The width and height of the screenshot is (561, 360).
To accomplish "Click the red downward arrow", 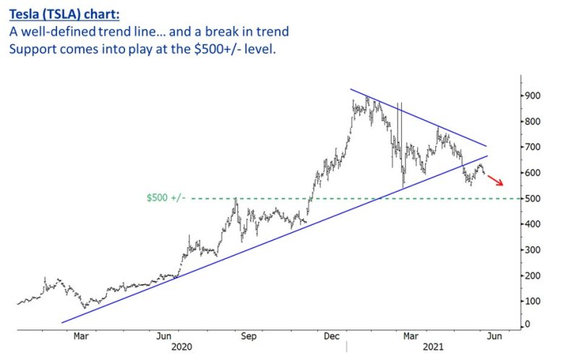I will click(x=494, y=180).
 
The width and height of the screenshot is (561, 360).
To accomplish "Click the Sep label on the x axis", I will click(x=249, y=336).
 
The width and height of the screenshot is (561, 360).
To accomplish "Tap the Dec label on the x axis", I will click(x=332, y=336).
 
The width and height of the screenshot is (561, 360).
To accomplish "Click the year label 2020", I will click(x=181, y=348).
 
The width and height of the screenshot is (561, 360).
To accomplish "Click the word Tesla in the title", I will click(x=28, y=12).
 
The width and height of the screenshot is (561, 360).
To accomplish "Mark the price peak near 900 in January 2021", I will click(x=367, y=98).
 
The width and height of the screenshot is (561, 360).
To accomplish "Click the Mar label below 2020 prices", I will click(x=81, y=336).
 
